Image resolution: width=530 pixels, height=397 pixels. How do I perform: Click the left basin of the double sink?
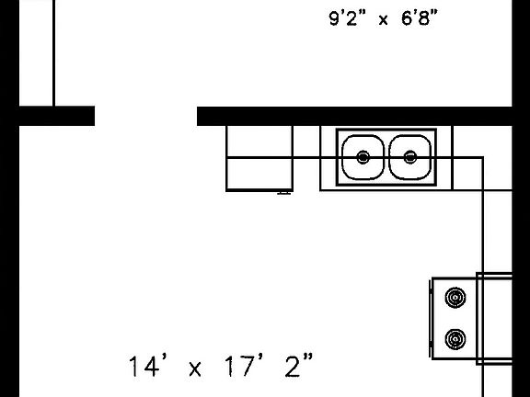(x=363, y=157)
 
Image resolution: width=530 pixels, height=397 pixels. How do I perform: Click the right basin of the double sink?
(x=410, y=157)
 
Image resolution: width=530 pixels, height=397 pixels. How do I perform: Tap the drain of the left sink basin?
(x=363, y=157)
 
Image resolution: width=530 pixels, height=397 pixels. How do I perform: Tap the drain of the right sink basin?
(x=410, y=157)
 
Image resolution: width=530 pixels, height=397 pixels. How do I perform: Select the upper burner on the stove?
(x=455, y=298)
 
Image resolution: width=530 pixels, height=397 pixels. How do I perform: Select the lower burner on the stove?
(x=455, y=339)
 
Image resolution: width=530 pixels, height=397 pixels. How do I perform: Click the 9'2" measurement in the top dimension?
(x=348, y=17)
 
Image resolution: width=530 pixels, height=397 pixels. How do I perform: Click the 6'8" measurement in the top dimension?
(x=420, y=17)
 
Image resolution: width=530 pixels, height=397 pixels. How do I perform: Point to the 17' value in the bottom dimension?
(x=243, y=367)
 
